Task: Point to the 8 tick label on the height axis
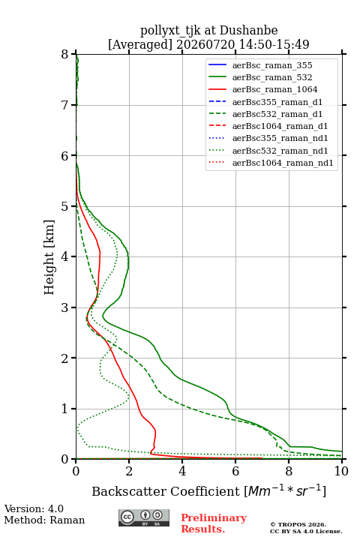pyautogui.click(x=65, y=55)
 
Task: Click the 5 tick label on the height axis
pyautogui.click(x=65, y=207)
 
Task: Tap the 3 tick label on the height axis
pyautogui.click(x=65, y=307)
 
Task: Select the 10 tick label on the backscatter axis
pyautogui.click(x=341, y=471)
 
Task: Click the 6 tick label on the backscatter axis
pyautogui.click(x=235, y=471)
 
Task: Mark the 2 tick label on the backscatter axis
pyautogui.click(x=129, y=471)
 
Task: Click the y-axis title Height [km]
pyautogui.click(x=49, y=257)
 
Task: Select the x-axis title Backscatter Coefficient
pyautogui.click(x=166, y=491)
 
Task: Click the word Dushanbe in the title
pyautogui.click(x=248, y=31)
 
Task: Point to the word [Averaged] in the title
pyautogui.click(x=140, y=44)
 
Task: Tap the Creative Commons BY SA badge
pyautogui.click(x=144, y=517)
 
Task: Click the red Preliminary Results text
pyautogui.click(x=214, y=523)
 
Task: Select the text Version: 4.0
pyautogui.click(x=34, y=508)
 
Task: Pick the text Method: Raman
pyautogui.click(x=44, y=520)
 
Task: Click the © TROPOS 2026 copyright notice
pyautogui.click(x=298, y=524)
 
